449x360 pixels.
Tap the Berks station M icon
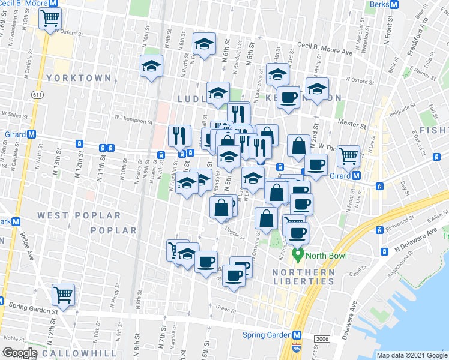[x=394, y=4]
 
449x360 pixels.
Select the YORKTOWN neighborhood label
[x=88, y=78]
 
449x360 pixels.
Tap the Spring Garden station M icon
[x=297, y=335]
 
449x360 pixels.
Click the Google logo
[x=19, y=353]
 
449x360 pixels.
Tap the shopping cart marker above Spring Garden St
[x=62, y=295]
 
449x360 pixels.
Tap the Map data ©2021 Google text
[x=412, y=355]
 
